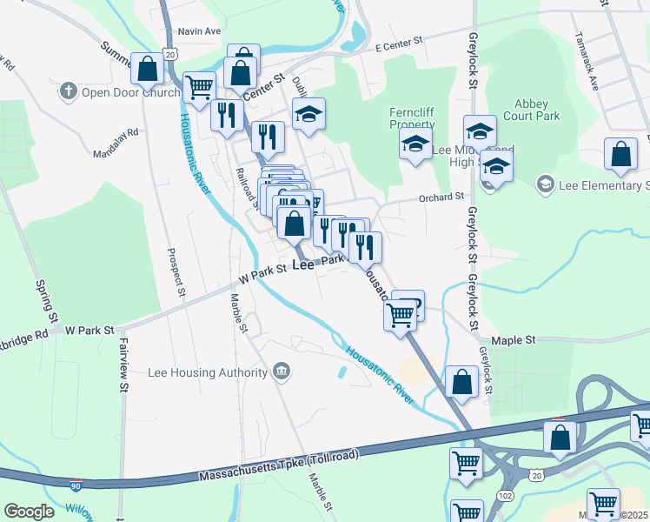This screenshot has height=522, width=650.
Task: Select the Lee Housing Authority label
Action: (208, 372)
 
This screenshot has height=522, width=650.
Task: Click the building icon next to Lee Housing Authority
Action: (281, 372)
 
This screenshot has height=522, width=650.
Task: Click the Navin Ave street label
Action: (199, 30)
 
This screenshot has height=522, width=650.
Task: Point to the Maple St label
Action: (514, 340)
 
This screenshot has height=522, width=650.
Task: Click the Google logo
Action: (30, 512)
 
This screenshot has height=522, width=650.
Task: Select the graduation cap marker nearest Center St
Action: (308, 115)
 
